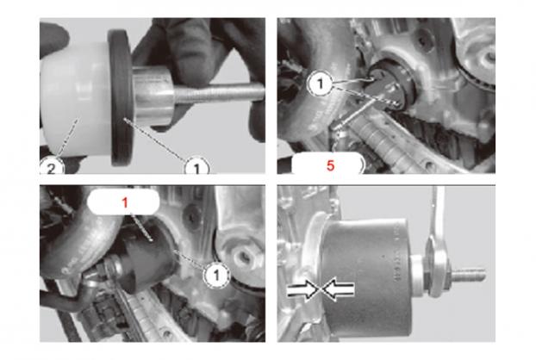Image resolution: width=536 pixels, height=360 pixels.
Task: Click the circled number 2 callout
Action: pyautogui.click(x=52, y=166)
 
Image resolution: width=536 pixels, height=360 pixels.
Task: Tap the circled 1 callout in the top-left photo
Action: pyautogui.click(x=196, y=166)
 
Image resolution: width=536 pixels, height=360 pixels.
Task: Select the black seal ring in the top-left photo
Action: pyautogui.click(x=121, y=97)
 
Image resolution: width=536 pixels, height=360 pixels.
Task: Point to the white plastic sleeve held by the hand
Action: pyautogui.click(x=76, y=101)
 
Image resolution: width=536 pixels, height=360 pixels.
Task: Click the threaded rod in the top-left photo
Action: pyautogui.click(x=220, y=94)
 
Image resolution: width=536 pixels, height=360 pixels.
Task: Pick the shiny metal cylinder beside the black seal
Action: pyautogui.click(x=153, y=96)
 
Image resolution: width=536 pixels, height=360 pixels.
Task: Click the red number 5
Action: pyautogui.click(x=330, y=165)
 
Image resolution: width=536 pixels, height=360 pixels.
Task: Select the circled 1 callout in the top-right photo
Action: pyautogui.click(x=321, y=83)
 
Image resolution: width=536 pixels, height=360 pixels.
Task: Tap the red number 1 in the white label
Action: pyautogui.click(x=125, y=202)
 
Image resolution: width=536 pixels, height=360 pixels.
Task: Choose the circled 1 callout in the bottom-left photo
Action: pyautogui.click(x=216, y=275)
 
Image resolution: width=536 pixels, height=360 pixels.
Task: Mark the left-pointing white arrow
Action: pyautogui.click(x=338, y=289)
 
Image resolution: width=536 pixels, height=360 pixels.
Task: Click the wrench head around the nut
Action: pyautogui.click(x=437, y=270)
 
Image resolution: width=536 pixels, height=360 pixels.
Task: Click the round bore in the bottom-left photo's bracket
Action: pyautogui.click(x=243, y=257)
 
